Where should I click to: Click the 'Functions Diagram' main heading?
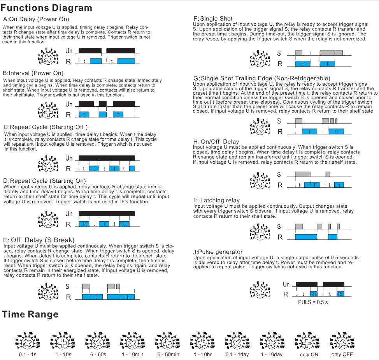pos(47,8)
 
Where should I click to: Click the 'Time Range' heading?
pos(30,314)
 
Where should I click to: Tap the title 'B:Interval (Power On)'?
pos(33,73)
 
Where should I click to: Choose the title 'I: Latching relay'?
pos(216,200)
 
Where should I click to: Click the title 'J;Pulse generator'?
pos(218,252)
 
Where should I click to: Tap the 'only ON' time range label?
pos(309,355)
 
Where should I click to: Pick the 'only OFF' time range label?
pos(342,355)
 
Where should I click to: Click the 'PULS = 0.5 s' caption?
pos(312,302)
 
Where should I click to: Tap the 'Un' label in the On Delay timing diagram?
pos(69,51)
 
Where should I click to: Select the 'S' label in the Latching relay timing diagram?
pos(279,226)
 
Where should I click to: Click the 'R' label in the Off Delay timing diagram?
pos(68,297)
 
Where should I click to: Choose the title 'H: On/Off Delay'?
pos(216,141)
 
